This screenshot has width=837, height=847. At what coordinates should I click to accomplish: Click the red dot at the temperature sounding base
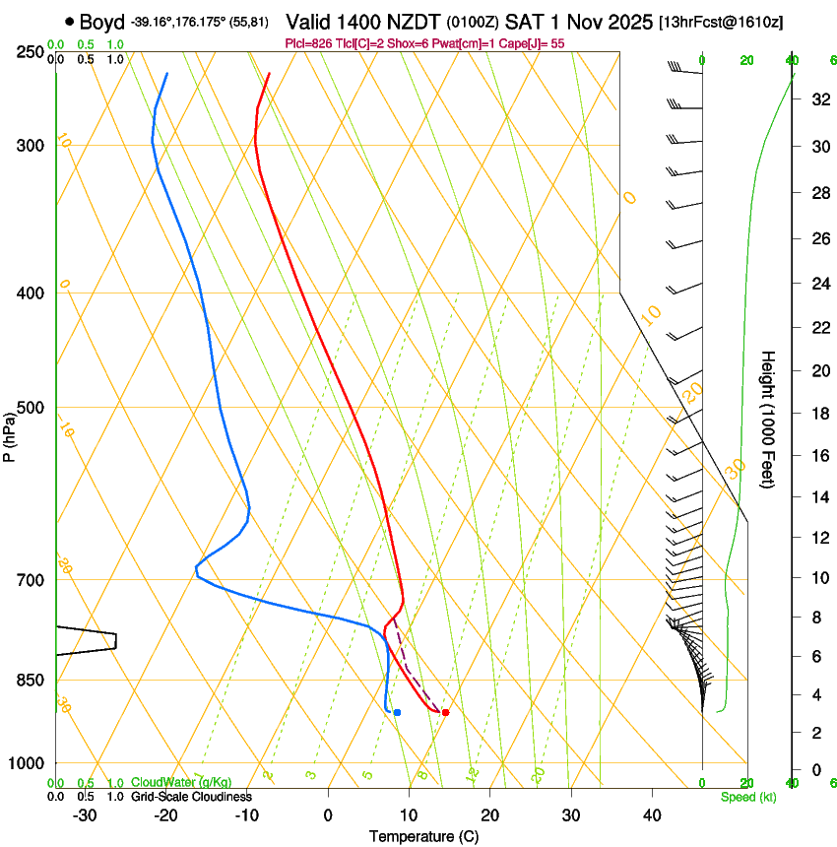click(445, 712)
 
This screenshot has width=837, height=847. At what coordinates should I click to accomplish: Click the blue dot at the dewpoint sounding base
click(397, 712)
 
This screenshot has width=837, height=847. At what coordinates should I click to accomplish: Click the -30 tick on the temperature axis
click(85, 814)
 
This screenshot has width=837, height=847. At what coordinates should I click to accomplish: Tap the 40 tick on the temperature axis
click(652, 814)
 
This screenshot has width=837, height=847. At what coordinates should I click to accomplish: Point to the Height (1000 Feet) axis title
click(769, 419)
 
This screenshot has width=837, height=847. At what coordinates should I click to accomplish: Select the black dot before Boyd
click(70, 21)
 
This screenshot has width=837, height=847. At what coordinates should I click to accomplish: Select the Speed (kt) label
click(747, 796)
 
